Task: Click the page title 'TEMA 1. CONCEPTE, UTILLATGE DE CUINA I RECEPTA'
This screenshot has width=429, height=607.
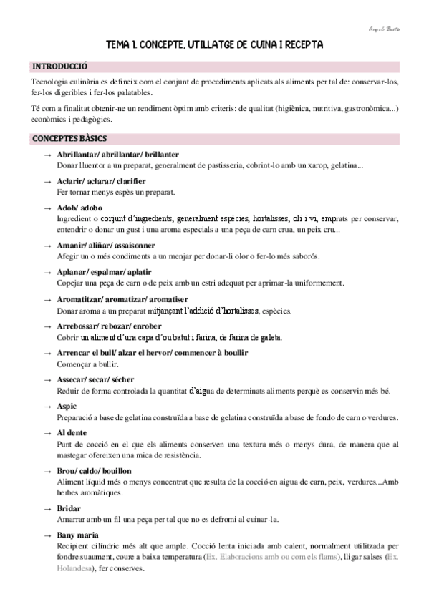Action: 214,44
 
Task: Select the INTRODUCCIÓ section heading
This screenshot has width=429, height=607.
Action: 59,66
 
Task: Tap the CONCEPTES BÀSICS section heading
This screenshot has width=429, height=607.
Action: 70,137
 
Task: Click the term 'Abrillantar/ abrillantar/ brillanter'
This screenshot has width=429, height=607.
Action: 117,155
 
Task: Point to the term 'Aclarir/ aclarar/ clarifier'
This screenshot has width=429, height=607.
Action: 100,181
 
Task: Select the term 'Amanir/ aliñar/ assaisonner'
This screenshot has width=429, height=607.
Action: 104,246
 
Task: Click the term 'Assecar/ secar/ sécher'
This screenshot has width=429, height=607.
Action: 95,379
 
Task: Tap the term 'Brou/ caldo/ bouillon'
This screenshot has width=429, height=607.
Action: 94,471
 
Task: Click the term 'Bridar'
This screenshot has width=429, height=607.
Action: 69,508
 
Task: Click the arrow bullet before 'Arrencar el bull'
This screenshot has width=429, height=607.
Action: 47,353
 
